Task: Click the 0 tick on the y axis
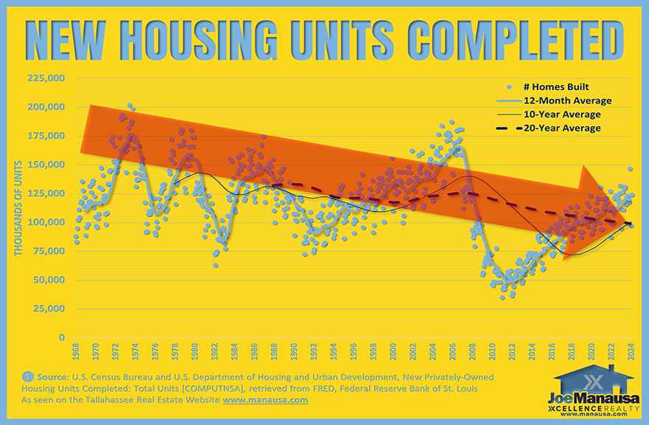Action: [x=62, y=338]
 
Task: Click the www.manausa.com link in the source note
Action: [x=265, y=400]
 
